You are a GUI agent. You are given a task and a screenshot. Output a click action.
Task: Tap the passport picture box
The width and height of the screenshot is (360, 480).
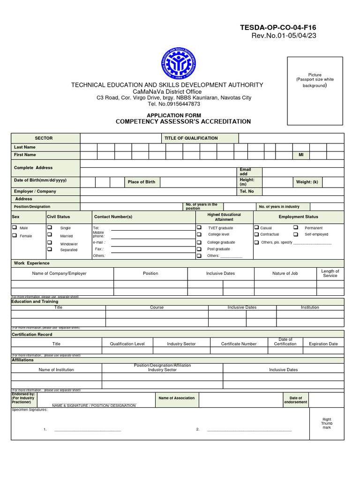click(315, 91)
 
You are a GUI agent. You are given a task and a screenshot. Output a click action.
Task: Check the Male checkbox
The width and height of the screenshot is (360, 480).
click(15, 227)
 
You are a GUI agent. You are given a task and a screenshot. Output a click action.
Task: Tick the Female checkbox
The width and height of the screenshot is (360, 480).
click(15, 235)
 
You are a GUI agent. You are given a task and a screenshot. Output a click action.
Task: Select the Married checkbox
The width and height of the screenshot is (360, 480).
click(49, 235)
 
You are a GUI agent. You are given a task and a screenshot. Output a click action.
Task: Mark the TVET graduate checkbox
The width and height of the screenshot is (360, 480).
click(199, 227)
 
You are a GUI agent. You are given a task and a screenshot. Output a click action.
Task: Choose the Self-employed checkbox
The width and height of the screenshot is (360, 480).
click(296, 234)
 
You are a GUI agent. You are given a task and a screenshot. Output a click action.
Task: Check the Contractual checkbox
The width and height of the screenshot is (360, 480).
click(256, 234)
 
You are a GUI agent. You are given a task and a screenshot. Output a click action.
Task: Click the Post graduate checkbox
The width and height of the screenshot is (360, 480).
click(199, 249)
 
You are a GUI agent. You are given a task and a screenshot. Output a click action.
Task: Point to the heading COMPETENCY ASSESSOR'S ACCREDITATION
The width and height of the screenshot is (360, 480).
click(183, 122)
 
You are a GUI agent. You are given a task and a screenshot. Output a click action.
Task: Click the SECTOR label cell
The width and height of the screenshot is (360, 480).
click(44, 138)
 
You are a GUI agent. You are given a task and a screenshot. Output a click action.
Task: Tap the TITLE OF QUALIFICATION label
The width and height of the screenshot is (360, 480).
click(191, 138)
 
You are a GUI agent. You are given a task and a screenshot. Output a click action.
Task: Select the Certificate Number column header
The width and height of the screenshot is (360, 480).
click(239, 344)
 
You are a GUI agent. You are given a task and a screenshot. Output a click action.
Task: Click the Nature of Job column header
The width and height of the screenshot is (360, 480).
click(285, 273)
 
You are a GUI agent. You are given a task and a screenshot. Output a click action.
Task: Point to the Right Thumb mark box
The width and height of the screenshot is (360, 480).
click(327, 423)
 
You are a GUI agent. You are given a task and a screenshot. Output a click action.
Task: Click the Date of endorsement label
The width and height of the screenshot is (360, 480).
click(296, 400)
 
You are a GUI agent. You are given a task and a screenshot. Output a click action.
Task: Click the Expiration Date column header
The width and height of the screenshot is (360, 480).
click(323, 344)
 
